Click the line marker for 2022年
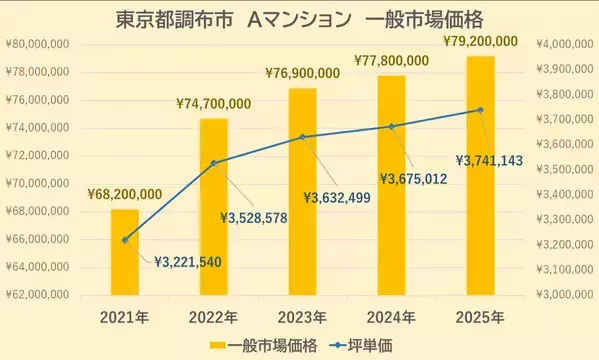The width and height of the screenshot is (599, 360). click(x=213, y=162)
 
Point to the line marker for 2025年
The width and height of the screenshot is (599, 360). click(x=480, y=110)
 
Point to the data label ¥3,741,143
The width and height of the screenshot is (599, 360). click(x=500, y=160)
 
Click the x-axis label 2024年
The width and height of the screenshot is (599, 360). click(x=391, y=317)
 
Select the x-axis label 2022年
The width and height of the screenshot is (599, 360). click(x=213, y=317)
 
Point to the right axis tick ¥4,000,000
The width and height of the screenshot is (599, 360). click(x=564, y=44)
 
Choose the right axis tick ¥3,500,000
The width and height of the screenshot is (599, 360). click(x=564, y=170)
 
